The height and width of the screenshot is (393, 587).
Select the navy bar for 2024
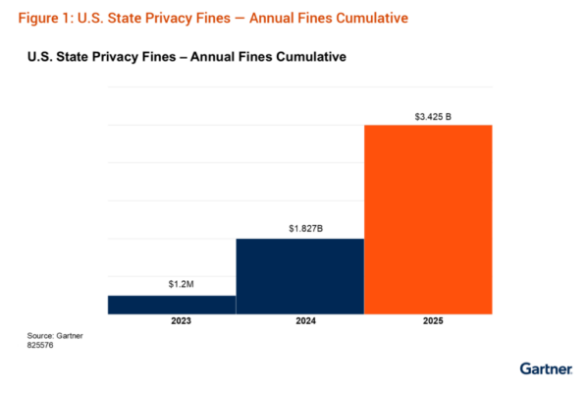tap(299, 276)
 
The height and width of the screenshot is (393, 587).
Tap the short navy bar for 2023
tap(171, 305)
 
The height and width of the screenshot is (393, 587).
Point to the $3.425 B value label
tap(428, 116)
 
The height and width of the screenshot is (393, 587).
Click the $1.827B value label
tap(300, 228)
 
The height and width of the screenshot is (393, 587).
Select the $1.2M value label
tap(172, 285)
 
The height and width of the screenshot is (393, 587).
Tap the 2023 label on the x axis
tap(171, 321)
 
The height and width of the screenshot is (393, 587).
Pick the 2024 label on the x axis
tap(299, 321)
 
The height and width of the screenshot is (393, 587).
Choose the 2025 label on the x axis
tap(428, 321)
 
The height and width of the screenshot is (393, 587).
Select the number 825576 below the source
tap(42, 346)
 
